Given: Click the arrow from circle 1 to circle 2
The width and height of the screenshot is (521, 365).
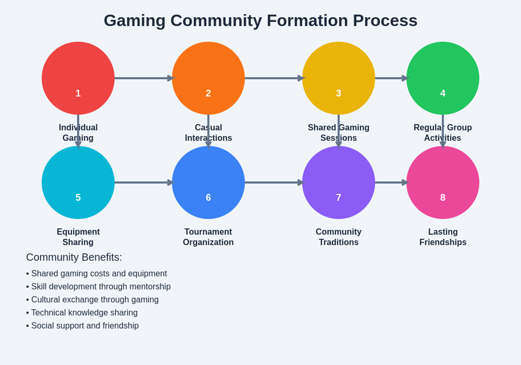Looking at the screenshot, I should [x=143, y=78].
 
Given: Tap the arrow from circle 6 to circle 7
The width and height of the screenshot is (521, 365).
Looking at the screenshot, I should [x=274, y=182].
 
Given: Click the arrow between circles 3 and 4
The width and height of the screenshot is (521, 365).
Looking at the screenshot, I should [x=391, y=78].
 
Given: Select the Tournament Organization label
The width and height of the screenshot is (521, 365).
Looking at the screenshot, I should [x=208, y=237].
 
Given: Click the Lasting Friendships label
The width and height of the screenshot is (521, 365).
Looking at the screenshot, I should [x=443, y=237].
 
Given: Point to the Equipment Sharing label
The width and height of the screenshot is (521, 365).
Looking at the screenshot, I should [x=78, y=237].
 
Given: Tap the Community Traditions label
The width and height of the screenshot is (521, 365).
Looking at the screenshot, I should [x=339, y=237].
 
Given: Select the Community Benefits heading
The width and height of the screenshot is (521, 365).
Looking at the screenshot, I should [x=74, y=257].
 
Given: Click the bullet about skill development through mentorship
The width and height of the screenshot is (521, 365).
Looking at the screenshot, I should [x=98, y=287].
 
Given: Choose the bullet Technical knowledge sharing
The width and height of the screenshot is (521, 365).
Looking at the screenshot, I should [x=82, y=313].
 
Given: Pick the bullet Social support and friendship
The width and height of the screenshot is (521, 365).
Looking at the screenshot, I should [x=83, y=326].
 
